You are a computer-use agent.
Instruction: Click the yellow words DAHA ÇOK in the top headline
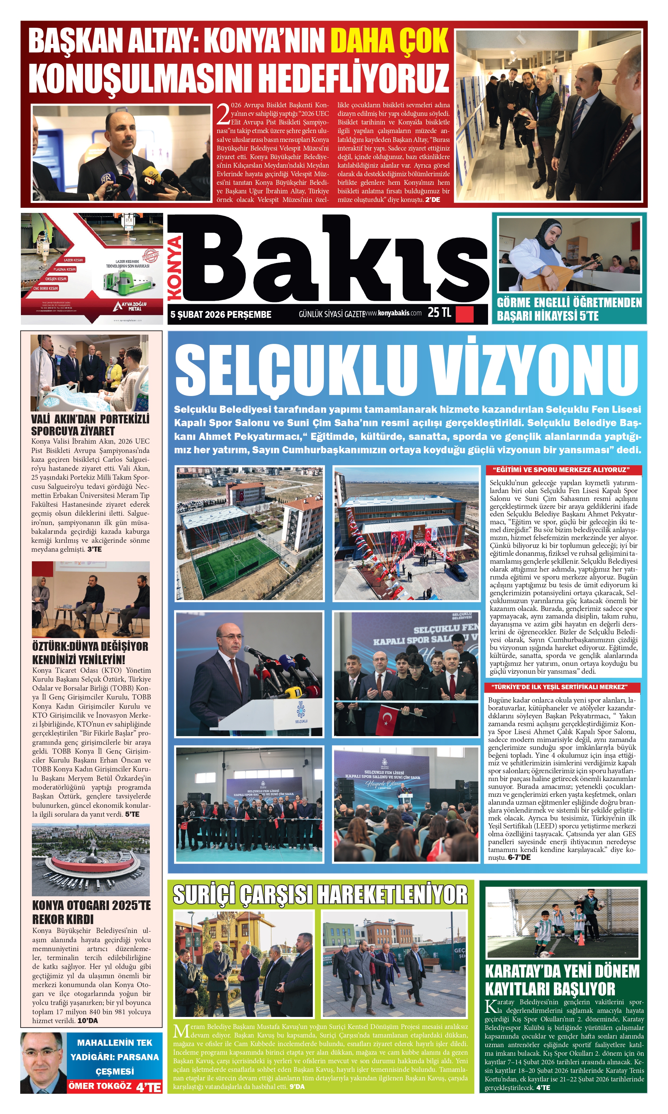[390, 40]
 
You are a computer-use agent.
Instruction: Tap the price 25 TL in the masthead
[439, 312]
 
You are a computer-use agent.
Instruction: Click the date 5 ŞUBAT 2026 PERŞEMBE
[221, 315]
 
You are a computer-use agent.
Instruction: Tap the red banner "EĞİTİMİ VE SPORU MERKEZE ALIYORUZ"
[563, 470]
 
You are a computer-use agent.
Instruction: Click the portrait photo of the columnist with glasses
[43, 1062]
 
